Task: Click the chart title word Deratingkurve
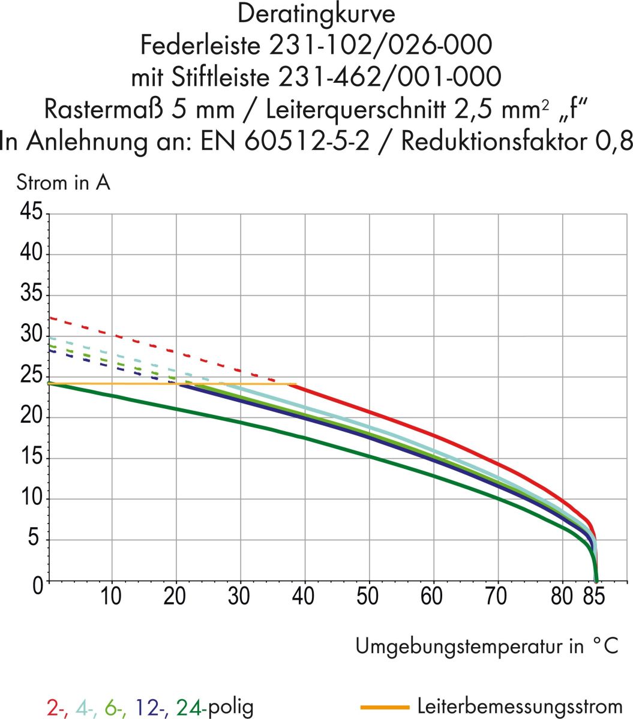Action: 316,14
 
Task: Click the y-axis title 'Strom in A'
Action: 64,182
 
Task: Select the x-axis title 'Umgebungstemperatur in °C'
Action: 487,646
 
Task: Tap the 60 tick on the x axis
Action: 432,596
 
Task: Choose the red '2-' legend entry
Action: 56,708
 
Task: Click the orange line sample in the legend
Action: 384,707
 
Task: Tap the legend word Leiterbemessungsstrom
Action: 519,707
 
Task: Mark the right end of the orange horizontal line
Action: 296,384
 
